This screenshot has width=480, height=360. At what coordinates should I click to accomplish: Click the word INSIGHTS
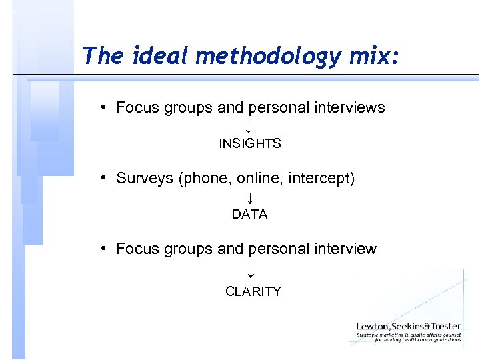250,143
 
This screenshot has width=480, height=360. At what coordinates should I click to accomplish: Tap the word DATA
249,214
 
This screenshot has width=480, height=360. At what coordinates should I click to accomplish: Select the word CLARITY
253,291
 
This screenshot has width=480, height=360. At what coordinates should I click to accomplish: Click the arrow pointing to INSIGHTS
248,127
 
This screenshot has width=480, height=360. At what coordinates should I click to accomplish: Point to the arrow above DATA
249,197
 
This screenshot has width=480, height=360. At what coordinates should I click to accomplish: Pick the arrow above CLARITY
250,271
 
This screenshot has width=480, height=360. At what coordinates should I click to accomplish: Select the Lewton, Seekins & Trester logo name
409,325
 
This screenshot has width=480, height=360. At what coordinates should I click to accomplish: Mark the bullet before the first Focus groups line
105,107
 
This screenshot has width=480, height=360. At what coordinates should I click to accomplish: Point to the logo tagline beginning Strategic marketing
409,337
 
